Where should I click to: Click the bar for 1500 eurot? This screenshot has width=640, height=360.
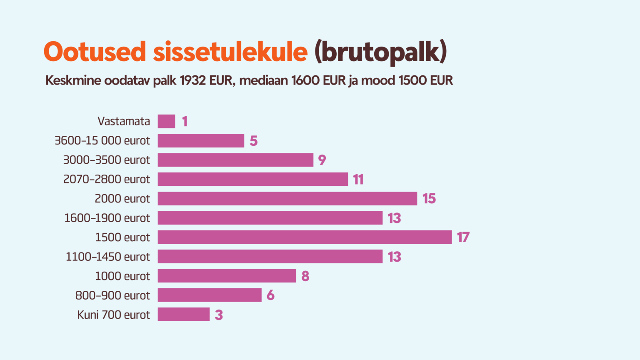[x=304, y=237]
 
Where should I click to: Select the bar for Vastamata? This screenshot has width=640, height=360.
[x=166, y=121]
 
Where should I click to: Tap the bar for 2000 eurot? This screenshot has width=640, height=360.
[x=287, y=198]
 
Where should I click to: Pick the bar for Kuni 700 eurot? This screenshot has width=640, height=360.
[x=183, y=315]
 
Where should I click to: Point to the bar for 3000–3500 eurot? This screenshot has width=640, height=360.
[x=235, y=160]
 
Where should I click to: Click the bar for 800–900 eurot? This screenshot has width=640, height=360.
[x=209, y=295]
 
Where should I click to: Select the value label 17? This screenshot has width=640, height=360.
[x=463, y=237]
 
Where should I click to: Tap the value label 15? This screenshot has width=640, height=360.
[x=429, y=198]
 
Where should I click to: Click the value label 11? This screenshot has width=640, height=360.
[x=358, y=180]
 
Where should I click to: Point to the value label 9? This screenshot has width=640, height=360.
[x=322, y=160]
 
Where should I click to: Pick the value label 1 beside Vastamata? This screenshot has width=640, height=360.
[x=185, y=121]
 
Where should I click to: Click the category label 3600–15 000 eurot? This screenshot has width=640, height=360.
[x=102, y=141]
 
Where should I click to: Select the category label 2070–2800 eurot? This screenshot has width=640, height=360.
[x=106, y=180]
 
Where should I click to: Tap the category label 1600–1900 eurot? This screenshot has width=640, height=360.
[x=107, y=218]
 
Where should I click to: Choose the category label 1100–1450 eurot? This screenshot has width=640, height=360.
[x=107, y=257]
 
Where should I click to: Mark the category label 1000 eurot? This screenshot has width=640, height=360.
[x=122, y=276]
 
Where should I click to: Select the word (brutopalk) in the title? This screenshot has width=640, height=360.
[x=380, y=52]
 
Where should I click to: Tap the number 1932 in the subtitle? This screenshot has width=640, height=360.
[x=192, y=80]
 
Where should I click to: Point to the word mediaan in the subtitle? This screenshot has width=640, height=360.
[x=263, y=80]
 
